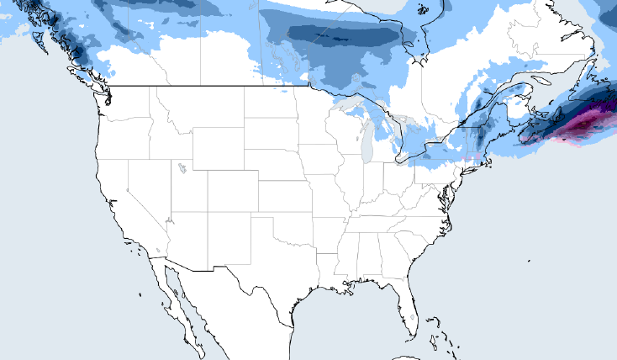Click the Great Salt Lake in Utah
click(x=182, y=167)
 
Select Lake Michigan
click(x=367, y=146)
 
